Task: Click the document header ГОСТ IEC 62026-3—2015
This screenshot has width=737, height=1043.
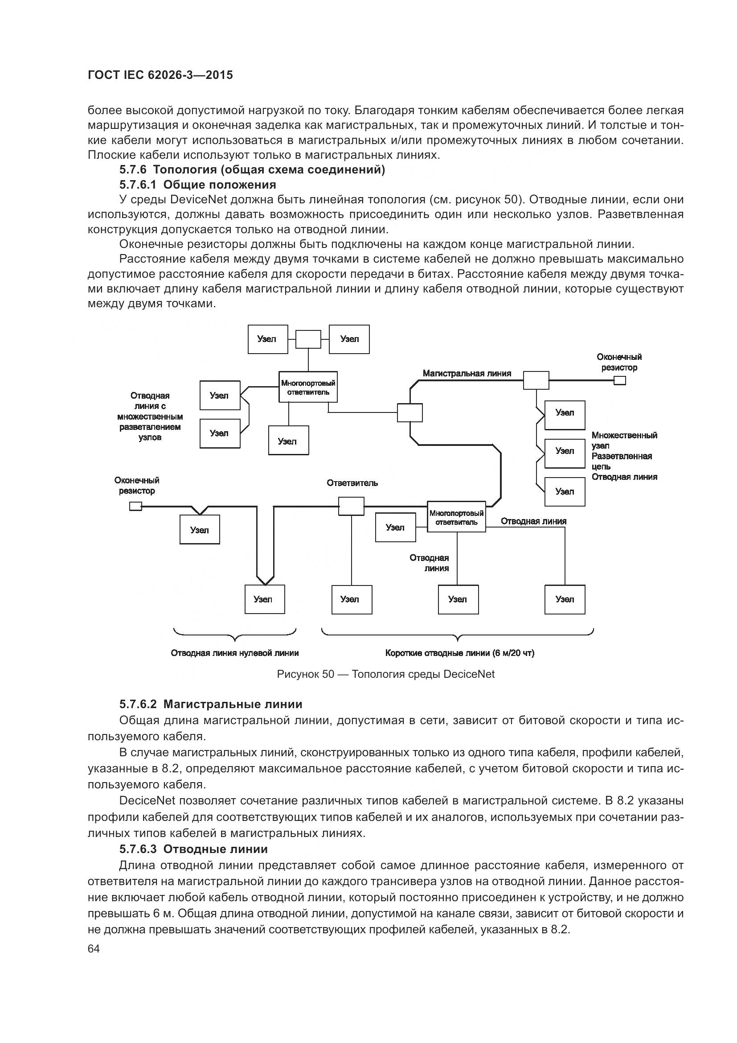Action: click(x=160, y=75)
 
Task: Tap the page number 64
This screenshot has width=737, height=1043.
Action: click(x=94, y=948)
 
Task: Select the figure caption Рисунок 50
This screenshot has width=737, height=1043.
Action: click(x=385, y=674)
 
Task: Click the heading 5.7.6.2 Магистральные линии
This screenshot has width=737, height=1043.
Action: click(x=211, y=704)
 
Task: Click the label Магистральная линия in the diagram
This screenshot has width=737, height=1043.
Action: click(x=467, y=373)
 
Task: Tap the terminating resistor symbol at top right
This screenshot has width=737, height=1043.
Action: click(x=619, y=380)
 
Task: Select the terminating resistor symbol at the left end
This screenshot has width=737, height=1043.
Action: click(x=136, y=506)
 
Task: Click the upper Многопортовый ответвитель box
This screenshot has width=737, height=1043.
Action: click(x=308, y=387)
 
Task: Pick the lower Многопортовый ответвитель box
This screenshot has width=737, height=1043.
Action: click(x=456, y=517)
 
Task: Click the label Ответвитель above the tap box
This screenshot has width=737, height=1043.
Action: click(x=352, y=483)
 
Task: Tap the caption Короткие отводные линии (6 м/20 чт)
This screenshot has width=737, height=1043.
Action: click(x=459, y=653)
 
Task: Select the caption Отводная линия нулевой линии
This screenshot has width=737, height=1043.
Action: click(x=235, y=653)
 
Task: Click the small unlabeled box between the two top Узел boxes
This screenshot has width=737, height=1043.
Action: click(x=308, y=339)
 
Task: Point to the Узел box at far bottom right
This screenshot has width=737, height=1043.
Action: click(x=565, y=600)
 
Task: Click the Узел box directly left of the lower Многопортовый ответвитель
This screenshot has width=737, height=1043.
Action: click(x=395, y=528)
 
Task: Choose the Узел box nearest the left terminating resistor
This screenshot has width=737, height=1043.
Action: click(x=200, y=530)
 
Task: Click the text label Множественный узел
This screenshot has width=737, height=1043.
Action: click(x=624, y=440)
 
